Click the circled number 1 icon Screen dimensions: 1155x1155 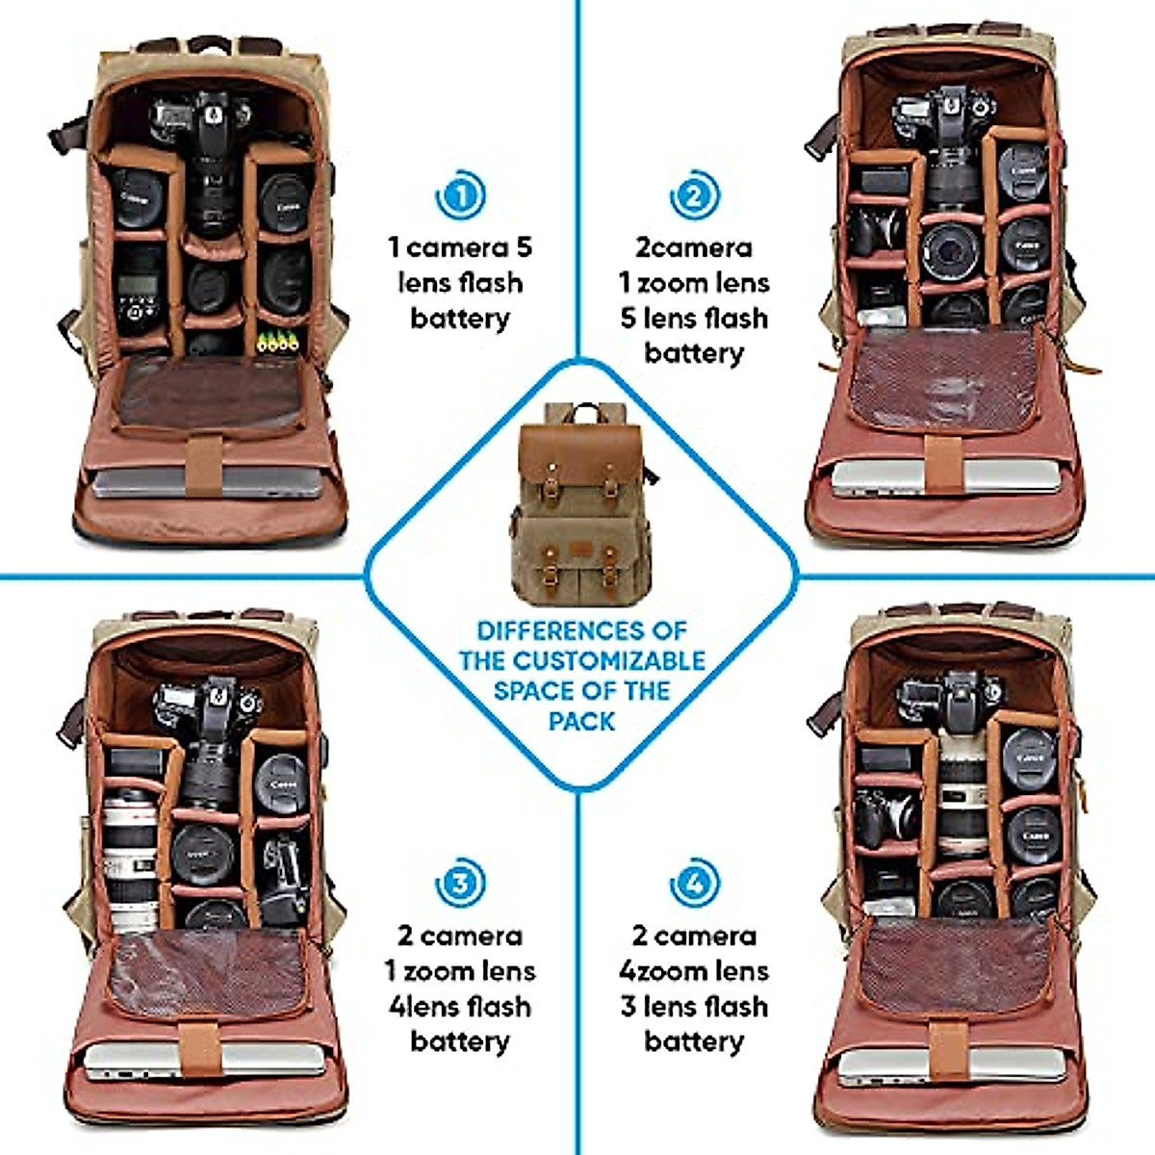[x=460, y=195]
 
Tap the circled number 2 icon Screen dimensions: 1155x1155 [x=693, y=195]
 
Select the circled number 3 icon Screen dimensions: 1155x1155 [x=460, y=884]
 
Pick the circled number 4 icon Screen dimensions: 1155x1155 [x=693, y=884]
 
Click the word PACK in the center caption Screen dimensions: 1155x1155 [x=581, y=721]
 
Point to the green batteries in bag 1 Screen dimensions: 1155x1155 [x=278, y=340]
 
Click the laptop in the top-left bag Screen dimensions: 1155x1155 [x=207, y=481]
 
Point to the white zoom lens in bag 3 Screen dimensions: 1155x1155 [x=130, y=857]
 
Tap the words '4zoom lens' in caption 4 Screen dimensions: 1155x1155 [x=693, y=970]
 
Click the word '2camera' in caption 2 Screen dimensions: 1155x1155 [x=693, y=247]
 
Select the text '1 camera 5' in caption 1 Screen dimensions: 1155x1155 [x=460, y=247]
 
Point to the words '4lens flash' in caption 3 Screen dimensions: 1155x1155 [x=460, y=1006]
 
